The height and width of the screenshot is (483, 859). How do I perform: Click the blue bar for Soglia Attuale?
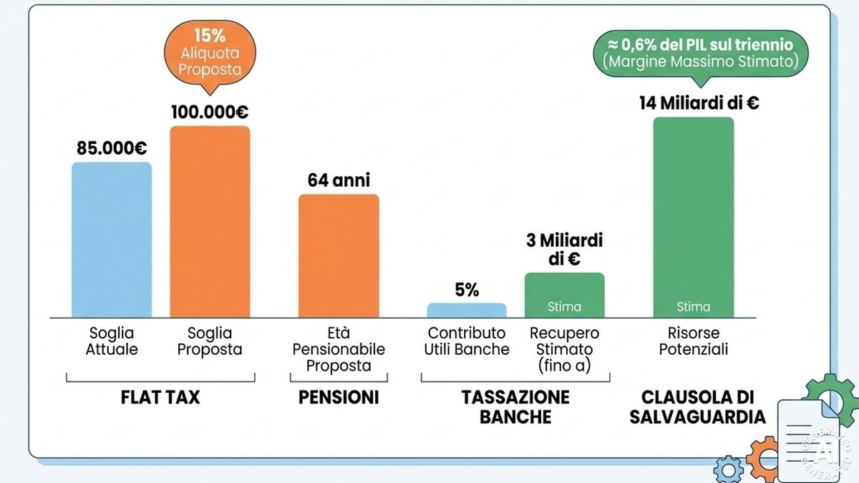pyautogui.click(x=112, y=240)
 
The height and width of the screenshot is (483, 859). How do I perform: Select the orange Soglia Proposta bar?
pyautogui.click(x=210, y=222)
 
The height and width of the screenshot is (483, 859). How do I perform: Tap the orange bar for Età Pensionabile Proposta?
pyautogui.click(x=339, y=256)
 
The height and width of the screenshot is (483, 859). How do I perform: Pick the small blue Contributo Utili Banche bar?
pyautogui.click(x=467, y=311)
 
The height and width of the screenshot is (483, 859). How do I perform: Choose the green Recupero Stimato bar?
pyautogui.click(x=565, y=295)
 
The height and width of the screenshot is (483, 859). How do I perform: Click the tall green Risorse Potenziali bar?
pyautogui.click(x=694, y=218)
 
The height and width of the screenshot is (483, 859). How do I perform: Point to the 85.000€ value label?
pyautogui.click(x=112, y=148)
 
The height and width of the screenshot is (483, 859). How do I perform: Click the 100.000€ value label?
pyautogui.click(x=210, y=112)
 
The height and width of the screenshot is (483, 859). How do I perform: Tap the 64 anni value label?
pyautogui.click(x=339, y=180)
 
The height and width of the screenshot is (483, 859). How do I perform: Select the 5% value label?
pyautogui.click(x=467, y=290)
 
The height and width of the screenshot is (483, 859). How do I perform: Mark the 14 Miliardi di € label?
pyautogui.click(x=699, y=103)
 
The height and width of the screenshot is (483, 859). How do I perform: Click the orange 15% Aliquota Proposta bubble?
pyautogui.click(x=210, y=54)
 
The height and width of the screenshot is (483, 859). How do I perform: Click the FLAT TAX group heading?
pyautogui.click(x=160, y=397)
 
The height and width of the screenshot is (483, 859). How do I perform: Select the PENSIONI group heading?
pyautogui.click(x=339, y=397)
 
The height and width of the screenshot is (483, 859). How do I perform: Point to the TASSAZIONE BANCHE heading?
pyautogui.click(x=515, y=406)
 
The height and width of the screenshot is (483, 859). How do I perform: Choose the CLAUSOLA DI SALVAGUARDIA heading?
pyautogui.click(x=697, y=406)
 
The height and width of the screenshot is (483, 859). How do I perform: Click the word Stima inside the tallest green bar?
pyautogui.click(x=694, y=307)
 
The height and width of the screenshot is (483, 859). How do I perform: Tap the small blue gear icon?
pyautogui.click(x=728, y=469)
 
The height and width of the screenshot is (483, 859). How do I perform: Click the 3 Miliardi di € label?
pyautogui.click(x=565, y=250)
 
